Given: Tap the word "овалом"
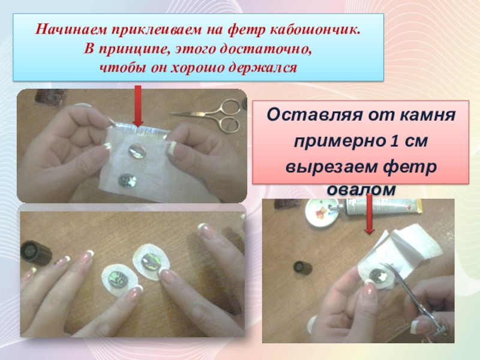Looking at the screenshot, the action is click(x=362, y=190).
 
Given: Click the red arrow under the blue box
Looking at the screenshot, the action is click(x=138, y=106).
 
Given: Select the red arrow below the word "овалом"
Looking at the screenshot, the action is click(x=370, y=214).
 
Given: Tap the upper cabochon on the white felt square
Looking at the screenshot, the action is click(x=137, y=151).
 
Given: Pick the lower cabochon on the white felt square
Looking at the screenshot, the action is click(x=127, y=181).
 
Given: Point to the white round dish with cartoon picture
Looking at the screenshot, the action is click(x=322, y=213).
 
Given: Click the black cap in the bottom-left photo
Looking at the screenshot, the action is click(x=35, y=253).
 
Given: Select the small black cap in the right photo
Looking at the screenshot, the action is click(x=303, y=268).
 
